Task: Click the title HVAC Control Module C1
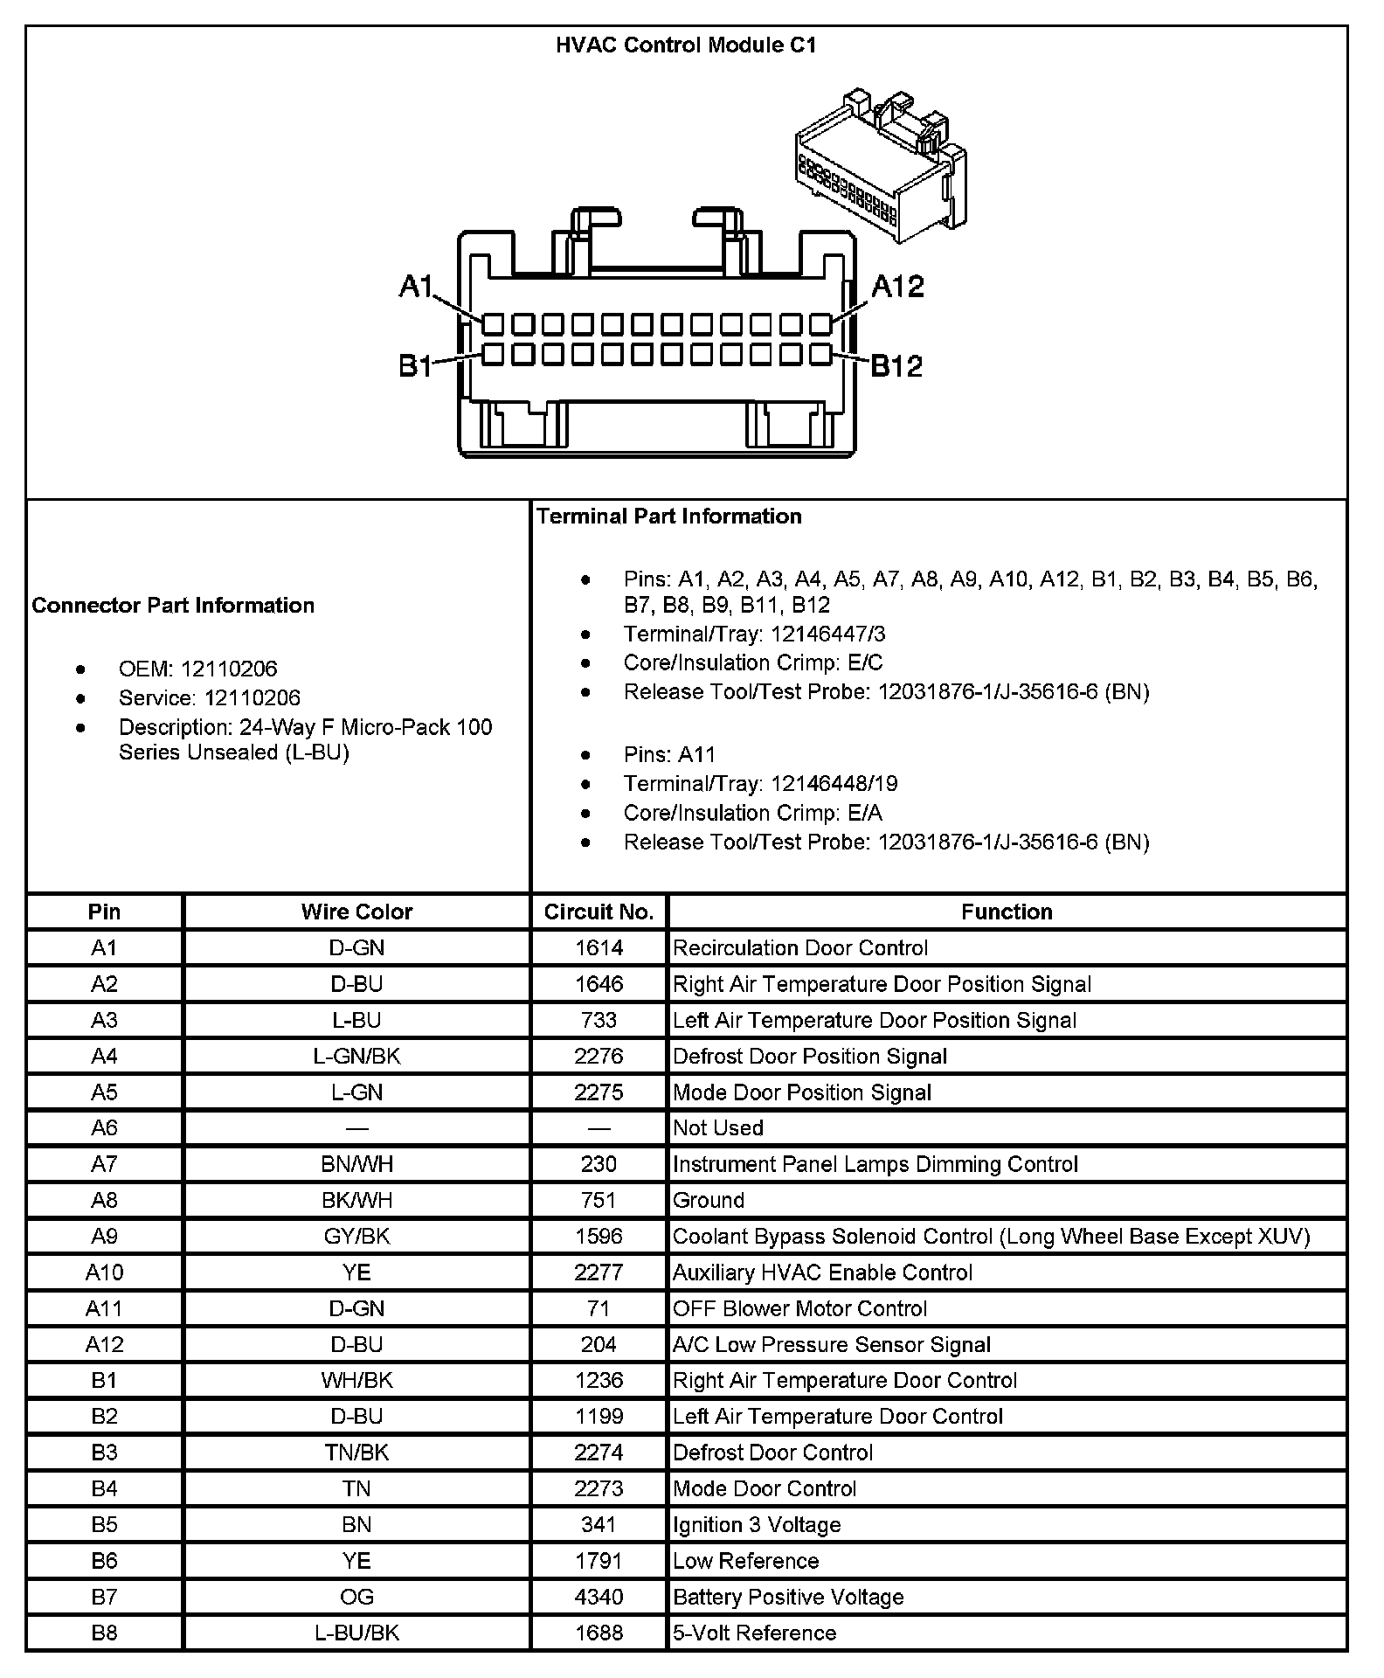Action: [x=686, y=45]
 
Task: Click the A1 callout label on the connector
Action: [x=416, y=286]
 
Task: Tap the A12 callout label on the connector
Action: [x=897, y=287]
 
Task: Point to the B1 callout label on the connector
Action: [x=415, y=365]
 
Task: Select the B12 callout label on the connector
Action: [x=896, y=365]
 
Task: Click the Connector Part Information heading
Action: [x=173, y=606]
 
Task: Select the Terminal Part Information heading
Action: [x=669, y=517]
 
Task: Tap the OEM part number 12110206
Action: [x=229, y=669]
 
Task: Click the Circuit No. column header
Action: [x=599, y=912]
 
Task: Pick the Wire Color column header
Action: [x=356, y=912]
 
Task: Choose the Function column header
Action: [x=1007, y=912]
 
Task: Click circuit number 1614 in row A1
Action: [x=599, y=948]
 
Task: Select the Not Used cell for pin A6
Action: [x=718, y=1128]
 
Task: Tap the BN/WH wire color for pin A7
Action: [x=356, y=1164]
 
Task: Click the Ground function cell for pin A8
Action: [x=709, y=1200]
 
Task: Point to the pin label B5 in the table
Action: [x=104, y=1525]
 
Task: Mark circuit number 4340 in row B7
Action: [x=599, y=1597]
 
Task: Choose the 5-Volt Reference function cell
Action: [x=755, y=1633]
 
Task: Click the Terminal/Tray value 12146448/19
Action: [x=834, y=784]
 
